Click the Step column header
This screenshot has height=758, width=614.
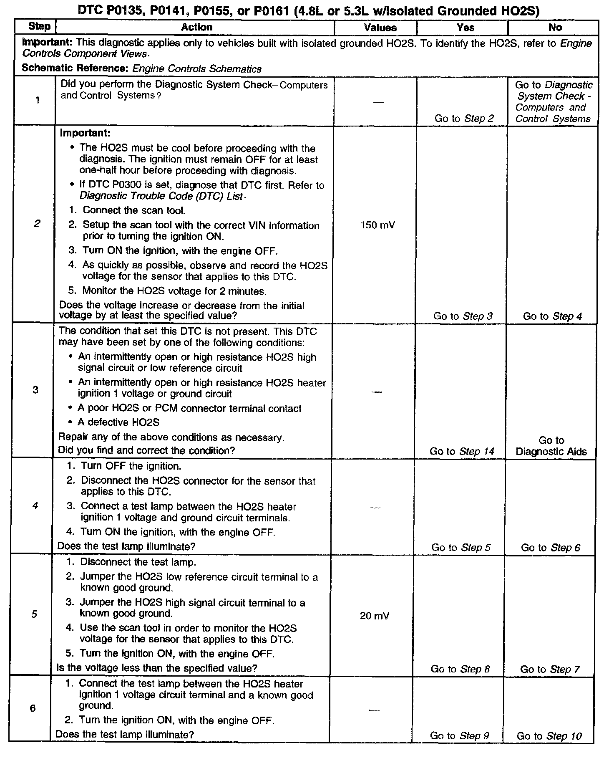39,27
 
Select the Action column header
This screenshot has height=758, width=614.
196,27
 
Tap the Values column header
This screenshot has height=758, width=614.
380,28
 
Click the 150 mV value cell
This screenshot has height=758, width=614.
377,225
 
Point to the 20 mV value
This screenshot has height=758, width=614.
375,616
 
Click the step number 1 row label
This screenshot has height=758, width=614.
38,100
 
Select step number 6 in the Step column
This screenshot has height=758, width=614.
33,708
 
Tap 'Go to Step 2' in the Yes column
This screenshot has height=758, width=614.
464,119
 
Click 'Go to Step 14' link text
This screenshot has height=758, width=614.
462,451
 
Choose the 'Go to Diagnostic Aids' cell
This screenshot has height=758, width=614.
551,446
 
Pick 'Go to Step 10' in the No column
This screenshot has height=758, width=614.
549,736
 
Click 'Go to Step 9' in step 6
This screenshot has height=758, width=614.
459,736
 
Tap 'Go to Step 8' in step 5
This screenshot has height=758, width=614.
460,669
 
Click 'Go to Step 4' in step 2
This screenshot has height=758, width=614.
552,316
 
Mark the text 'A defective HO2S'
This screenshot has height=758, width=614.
118,422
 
